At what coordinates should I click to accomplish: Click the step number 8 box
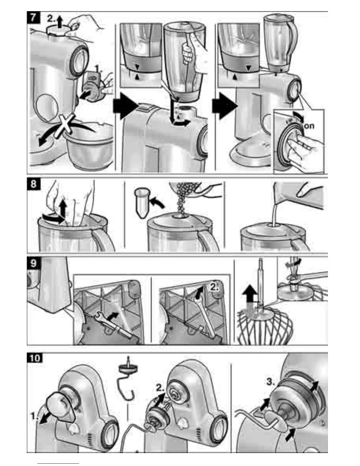33,184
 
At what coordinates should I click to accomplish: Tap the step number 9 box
33,263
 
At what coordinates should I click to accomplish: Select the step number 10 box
35,358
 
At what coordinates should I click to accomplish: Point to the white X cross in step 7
66,125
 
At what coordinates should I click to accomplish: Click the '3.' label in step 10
270,382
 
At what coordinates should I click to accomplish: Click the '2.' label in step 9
215,287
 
